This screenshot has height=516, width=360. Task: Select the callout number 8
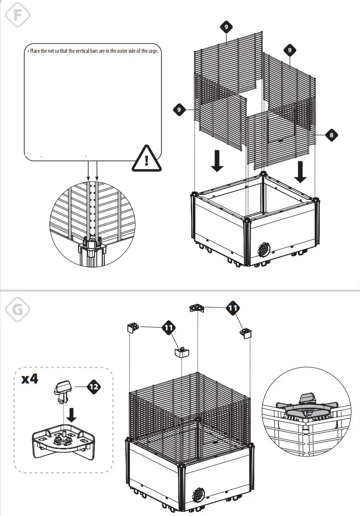pyautogui.click(x=330, y=135)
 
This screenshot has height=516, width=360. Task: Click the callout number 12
pyautogui.click(x=93, y=386)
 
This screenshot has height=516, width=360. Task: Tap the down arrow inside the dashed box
pyautogui.click(x=71, y=414)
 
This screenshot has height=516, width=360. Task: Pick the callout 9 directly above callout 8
pyautogui.click(x=290, y=50)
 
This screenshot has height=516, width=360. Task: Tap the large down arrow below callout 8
pyautogui.click(x=300, y=171)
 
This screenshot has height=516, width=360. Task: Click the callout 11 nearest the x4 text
pyautogui.click(x=169, y=328)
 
